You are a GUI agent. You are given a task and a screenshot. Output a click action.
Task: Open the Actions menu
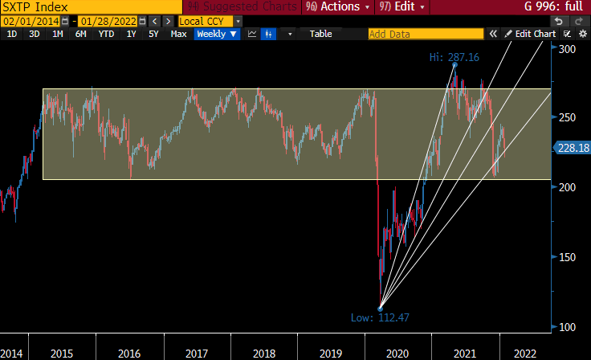coord(337,7)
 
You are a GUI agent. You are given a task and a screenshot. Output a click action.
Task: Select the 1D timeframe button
coord(12,34)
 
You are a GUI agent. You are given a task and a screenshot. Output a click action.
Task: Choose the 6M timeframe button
coord(81,34)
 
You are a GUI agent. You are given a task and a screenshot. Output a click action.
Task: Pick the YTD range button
coord(106,34)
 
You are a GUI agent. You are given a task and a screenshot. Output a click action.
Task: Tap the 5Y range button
coord(153,34)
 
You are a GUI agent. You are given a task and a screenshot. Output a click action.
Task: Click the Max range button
coord(178,34)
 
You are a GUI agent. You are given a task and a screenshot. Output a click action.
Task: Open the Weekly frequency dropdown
coord(217,34)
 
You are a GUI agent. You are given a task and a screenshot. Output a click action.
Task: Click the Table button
coord(320,34)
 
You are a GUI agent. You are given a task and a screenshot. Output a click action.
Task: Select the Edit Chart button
coord(530,34)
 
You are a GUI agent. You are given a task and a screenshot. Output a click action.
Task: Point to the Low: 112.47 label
coord(380,317)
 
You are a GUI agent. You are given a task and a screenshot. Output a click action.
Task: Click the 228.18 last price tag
coord(573,148)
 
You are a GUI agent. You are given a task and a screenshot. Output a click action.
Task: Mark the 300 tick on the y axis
coord(569,49)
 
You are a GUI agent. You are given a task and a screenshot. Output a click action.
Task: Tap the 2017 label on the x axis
coord(197,353)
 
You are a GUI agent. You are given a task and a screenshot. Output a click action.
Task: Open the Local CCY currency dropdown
coord(210,21)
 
